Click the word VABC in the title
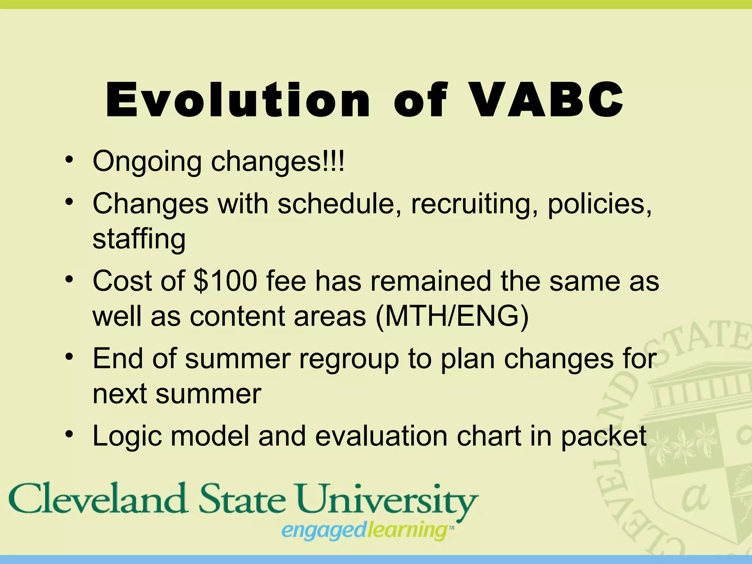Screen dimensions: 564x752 (x=547, y=100)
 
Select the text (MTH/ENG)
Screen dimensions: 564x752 (x=452, y=316)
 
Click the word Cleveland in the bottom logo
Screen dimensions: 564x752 (x=98, y=499)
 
